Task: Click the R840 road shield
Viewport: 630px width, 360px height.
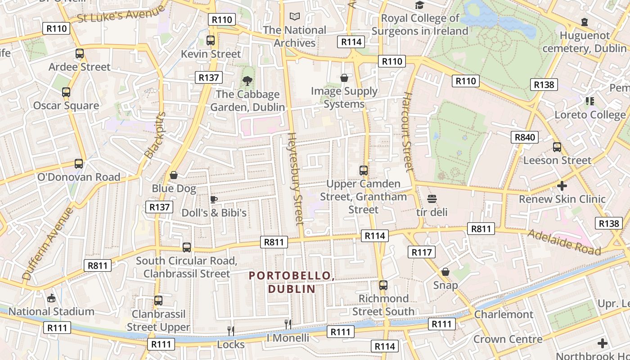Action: pos(525,137)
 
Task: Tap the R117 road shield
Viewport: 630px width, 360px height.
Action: pos(422,252)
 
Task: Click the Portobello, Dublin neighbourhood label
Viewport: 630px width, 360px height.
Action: pos(292,282)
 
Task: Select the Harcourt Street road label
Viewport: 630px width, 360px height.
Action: pos(407,132)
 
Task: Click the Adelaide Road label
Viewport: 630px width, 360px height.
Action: pos(564,242)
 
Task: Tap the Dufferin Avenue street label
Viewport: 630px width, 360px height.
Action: pos(47,243)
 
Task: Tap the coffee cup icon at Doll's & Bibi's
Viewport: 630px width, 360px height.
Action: pos(214,199)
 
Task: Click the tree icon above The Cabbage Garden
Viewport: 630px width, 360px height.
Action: pos(247,81)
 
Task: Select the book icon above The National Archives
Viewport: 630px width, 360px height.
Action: pos(295,17)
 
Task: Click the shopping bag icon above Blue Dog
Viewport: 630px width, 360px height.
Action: pos(174,175)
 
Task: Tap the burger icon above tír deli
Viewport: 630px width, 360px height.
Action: pos(432,198)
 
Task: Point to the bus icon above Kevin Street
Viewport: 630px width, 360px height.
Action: pos(211,40)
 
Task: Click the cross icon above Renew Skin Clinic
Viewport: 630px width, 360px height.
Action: pos(562,185)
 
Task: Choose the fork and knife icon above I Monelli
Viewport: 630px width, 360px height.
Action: pos(288,324)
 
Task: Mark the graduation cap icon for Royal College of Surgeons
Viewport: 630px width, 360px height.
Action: pos(419,5)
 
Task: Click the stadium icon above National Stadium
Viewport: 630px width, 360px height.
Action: pos(52,298)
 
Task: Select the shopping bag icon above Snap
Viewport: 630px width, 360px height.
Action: pos(445,272)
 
